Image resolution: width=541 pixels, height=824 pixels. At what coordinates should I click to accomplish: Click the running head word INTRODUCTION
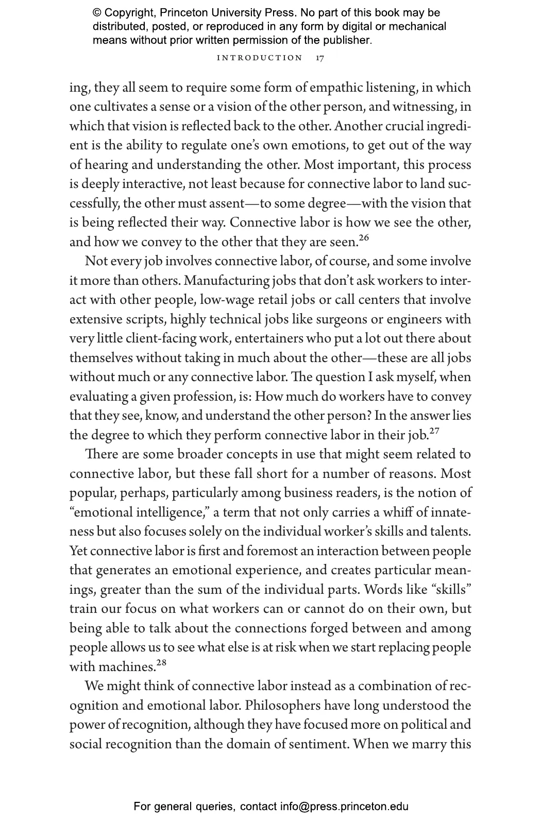pos(260,58)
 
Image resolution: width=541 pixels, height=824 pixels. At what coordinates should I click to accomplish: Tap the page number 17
pos(320,58)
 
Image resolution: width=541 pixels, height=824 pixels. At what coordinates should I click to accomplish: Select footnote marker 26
pos(364,238)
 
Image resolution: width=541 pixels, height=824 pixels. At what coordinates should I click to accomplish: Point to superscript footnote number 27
pos(434,431)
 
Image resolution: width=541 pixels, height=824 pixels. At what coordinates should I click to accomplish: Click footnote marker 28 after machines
pos(161,663)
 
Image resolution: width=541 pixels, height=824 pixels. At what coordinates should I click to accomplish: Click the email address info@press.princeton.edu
pos(344,806)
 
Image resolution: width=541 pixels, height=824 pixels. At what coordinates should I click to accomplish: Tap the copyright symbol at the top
pos(97,13)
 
